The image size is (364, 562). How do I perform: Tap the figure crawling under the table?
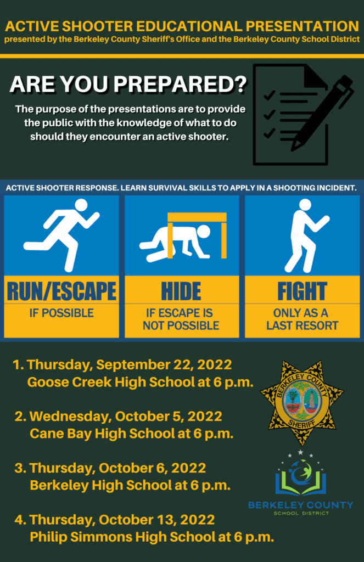coord(176,244)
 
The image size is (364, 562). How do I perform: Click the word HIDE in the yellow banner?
coord(182,291)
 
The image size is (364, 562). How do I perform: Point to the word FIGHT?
coord(303,291)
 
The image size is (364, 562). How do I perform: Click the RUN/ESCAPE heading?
coord(61,291)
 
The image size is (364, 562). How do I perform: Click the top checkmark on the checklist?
coord(270,95)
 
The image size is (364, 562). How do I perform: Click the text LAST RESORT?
coord(303,325)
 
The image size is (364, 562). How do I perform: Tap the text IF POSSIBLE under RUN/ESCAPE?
coord(61,313)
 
